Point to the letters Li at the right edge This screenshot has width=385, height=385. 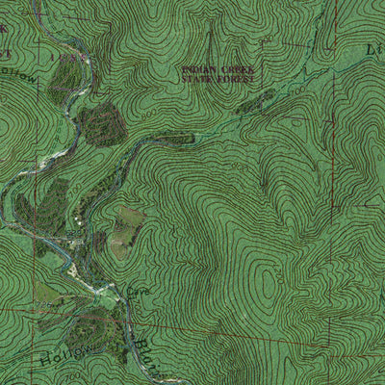[x=373, y=48]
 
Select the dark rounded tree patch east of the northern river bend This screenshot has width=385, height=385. [x=101, y=123]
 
